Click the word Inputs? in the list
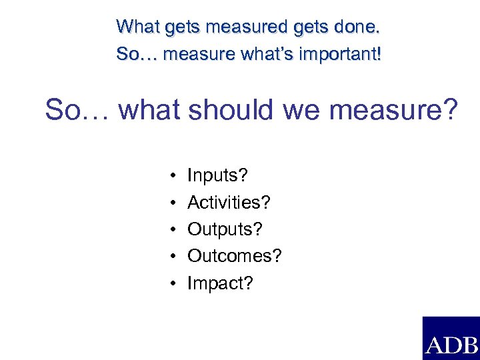tap(217, 176)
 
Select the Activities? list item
tap(229, 203)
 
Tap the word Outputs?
tap(225, 229)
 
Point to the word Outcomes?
tap(235, 256)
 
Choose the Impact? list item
tap(220, 283)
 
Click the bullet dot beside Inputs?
tap(172, 177)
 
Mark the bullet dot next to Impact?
tap(172, 284)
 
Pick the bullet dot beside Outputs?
tap(172, 230)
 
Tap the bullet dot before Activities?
tap(172, 203)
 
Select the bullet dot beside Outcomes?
tap(172, 257)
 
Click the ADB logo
tap(451, 339)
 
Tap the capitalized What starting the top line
tap(137, 28)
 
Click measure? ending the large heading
tap(393, 111)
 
